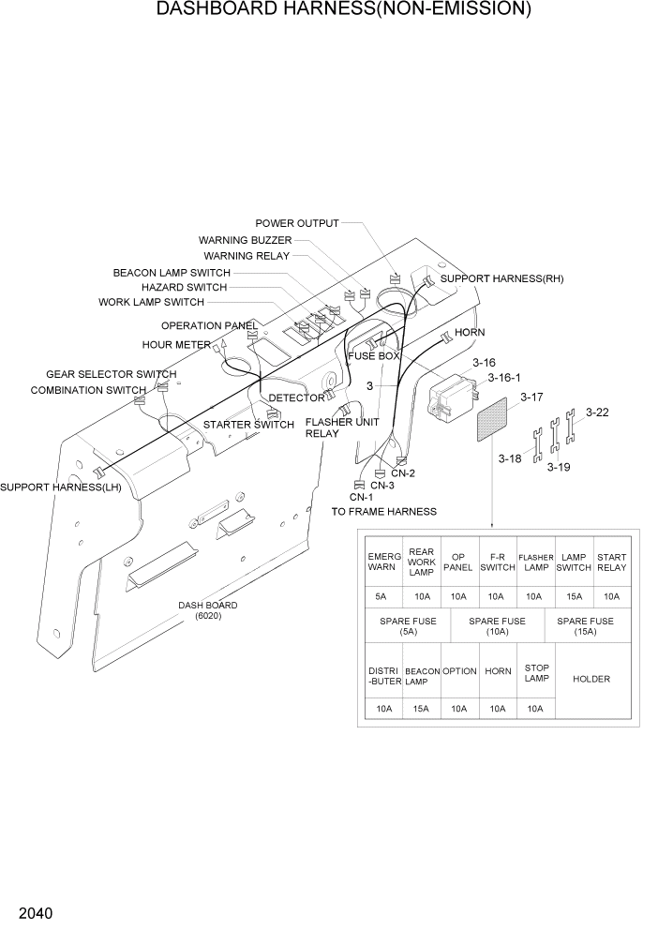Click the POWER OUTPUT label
tap(297, 223)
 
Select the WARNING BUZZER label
tap(245, 240)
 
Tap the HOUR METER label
tap(176, 344)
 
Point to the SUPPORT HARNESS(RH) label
tap(501, 278)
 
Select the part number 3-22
tap(597, 412)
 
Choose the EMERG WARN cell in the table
tap(383, 562)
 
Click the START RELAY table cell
tap(611, 562)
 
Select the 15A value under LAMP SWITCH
tap(574, 596)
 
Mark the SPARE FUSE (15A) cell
tap(585, 625)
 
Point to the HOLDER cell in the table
tap(591, 679)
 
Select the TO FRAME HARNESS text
tap(384, 511)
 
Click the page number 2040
tap(34, 912)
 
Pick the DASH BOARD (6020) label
tap(207, 610)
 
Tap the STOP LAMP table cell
tap(536, 673)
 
